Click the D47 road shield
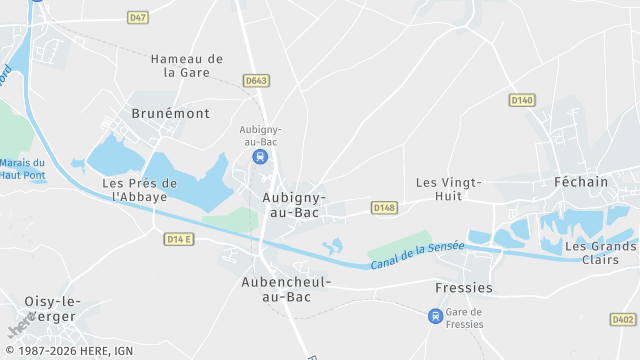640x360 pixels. [138, 18]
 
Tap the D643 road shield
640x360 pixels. [256, 81]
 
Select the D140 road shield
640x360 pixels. [522, 100]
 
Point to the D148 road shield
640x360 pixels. [384, 207]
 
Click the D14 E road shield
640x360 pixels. [180, 239]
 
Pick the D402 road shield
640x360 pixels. [622, 319]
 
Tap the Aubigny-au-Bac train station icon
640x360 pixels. [260, 157]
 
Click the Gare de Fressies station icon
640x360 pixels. [435, 316]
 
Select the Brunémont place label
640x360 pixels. [171, 114]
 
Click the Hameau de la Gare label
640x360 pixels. [186, 66]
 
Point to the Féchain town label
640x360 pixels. [580, 182]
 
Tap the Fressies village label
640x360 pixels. [464, 288]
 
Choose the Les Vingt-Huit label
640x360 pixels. [449, 189]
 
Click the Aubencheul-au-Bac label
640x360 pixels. [285, 289]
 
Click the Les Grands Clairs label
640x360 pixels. [600, 253]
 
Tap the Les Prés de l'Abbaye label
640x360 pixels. [140, 190]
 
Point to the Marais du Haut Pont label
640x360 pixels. [22, 169]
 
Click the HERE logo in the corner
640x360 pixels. [18, 326]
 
